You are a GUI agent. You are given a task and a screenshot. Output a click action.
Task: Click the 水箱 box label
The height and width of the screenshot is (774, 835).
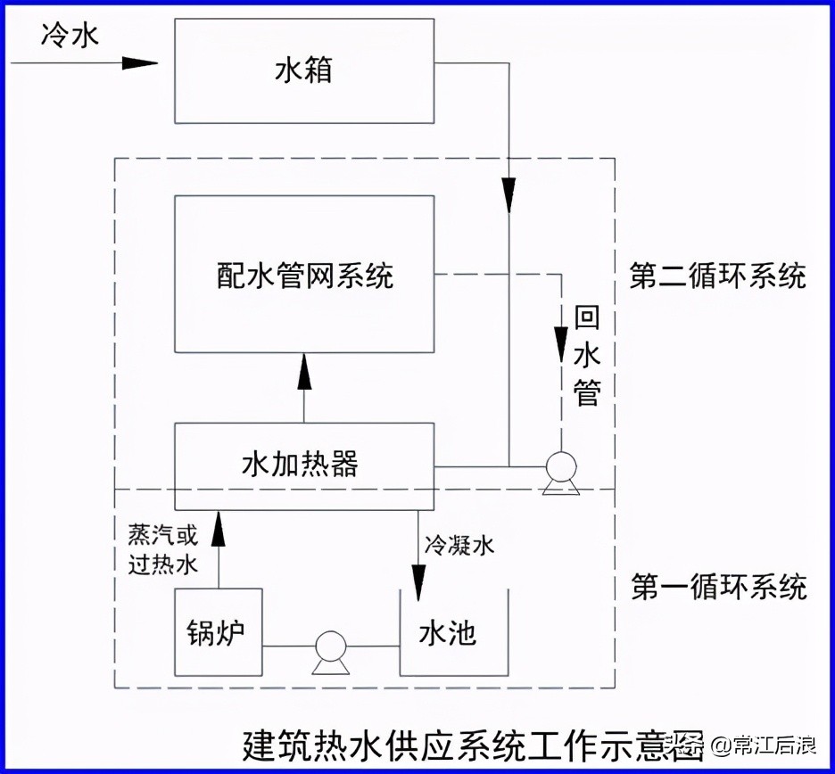tap(303, 70)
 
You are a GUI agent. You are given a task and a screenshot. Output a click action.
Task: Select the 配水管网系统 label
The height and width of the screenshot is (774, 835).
tap(304, 276)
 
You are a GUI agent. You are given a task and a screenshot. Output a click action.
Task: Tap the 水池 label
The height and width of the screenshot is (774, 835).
tap(448, 633)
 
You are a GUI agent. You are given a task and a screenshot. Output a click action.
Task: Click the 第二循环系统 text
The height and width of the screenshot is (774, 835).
tap(717, 276)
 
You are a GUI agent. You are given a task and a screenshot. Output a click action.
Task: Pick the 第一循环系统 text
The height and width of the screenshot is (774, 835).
tap(719, 588)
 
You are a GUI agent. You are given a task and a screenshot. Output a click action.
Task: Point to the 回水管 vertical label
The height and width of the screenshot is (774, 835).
tap(587, 356)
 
